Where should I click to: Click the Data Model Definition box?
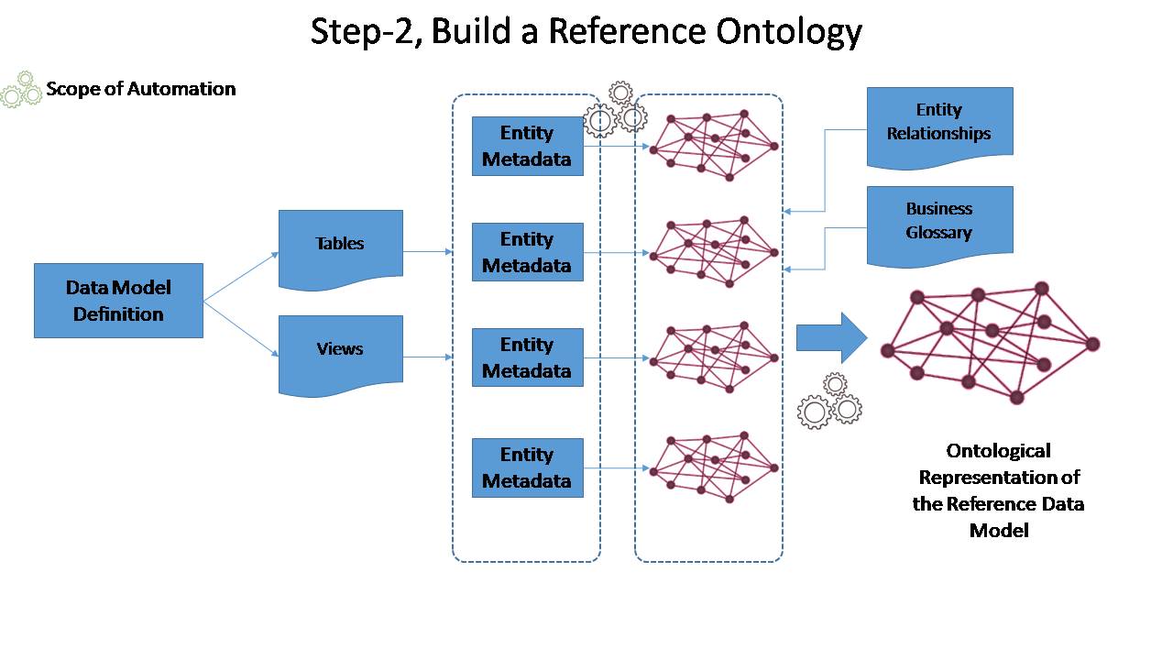[x=118, y=301]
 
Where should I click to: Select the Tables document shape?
[x=340, y=248]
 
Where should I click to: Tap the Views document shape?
[x=340, y=355]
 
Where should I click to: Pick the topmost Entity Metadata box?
[x=527, y=146]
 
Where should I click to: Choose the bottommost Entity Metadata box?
[x=527, y=467]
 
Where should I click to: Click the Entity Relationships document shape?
[x=940, y=126]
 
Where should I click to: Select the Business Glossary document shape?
[x=940, y=225]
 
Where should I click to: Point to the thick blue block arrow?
[x=831, y=338]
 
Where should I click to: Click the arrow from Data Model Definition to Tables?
[x=241, y=277]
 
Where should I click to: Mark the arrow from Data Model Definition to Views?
[x=241, y=329]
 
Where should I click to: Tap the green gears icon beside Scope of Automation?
[x=21, y=90]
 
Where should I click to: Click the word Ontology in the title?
[x=789, y=31]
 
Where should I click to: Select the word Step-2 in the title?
[x=366, y=31]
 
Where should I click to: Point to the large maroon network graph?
[x=991, y=343]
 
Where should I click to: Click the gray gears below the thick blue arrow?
[x=830, y=401]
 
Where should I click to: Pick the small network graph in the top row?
[x=714, y=146]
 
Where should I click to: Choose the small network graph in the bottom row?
[x=714, y=467]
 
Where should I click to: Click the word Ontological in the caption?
[x=998, y=451]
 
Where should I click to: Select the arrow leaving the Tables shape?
[x=428, y=251]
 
